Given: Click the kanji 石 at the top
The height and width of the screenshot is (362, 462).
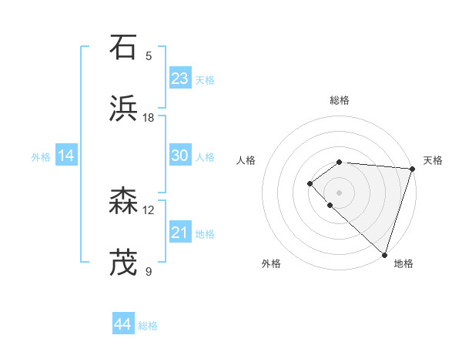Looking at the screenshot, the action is click(x=124, y=48).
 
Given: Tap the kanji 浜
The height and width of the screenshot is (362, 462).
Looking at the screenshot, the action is click(x=124, y=109).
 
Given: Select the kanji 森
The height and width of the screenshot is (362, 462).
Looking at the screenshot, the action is click(x=124, y=202).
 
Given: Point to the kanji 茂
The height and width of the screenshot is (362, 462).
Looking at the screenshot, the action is click(x=124, y=263).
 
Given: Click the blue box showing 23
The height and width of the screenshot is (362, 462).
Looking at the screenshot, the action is click(x=180, y=78).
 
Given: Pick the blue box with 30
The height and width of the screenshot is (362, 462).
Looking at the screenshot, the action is click(x=180, y=156).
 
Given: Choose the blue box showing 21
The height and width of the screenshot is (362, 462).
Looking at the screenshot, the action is click(x=180, y=233).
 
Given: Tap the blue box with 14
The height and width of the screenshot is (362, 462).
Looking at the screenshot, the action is click(x=66, y=156).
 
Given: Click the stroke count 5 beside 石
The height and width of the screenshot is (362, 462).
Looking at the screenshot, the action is click(x=149, y=56).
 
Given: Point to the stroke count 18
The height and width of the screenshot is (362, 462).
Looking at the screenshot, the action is click(x=149, y=118).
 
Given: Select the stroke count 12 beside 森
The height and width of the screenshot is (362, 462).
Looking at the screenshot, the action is click(x=149, y=210).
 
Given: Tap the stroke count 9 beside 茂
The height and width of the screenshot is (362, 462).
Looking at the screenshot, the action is click(x=149, y=272).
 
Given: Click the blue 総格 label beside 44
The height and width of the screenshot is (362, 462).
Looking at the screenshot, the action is click(x=148, y=326).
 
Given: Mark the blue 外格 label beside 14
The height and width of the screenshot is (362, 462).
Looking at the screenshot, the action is click(x=41, y=156).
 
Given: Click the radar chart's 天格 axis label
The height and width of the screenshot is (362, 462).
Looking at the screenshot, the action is click(x=433, y=160).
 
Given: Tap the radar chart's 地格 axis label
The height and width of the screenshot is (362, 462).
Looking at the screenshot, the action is click(x=403, y=263).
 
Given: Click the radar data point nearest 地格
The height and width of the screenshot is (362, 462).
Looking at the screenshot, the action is click(x=384, y=254).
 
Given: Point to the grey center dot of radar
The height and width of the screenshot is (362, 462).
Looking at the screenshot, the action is click(x=339, y=192).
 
